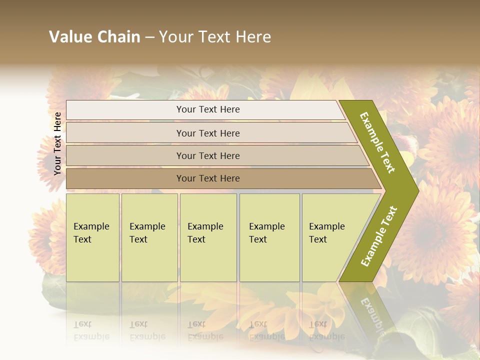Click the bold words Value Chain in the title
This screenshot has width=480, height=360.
point(94,37)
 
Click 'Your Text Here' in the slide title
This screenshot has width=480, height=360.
point(215,37)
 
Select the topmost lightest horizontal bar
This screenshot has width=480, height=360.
point(125,110)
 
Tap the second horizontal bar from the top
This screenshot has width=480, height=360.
point(125,133)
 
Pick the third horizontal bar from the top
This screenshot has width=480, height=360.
point(125,155)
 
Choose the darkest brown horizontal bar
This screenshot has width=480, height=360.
point(125,178)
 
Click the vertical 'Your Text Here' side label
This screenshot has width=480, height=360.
point(57,143)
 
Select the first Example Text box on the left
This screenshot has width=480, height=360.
point(92,237)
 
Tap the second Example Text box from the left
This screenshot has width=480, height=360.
point(149,237)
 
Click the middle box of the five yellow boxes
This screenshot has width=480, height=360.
point(208,237)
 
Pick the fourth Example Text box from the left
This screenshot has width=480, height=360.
point(269,237)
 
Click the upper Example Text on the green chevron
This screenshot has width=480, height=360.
point(377,142)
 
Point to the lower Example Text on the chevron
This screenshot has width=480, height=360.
point(378,236)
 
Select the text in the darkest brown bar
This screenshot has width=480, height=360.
point(208,178)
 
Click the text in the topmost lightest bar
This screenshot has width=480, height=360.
point(208,109)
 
